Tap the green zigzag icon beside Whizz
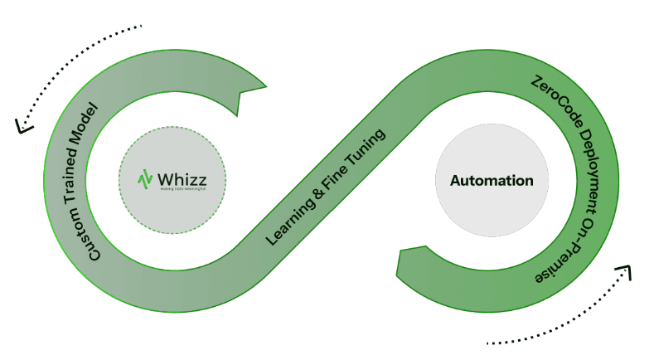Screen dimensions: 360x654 tap(146, 179)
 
